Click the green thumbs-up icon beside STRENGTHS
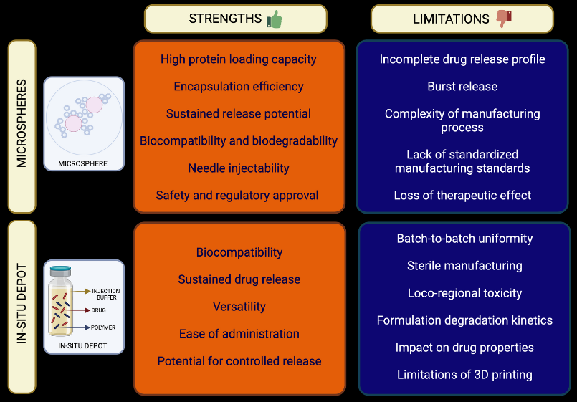[274, 19]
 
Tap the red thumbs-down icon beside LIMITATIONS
[505, 19]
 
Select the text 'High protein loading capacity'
[239, 59]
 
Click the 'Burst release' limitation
[462, 87]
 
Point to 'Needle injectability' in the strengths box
[239, 168]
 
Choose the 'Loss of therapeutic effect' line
[462, 196]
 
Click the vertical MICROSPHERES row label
[22, 127]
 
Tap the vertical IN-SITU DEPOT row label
[22, 307]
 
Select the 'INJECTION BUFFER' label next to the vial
[106, 295]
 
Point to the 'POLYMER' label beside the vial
[103, 327]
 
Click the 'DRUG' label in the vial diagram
[99, 311]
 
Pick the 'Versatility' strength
[239, 307]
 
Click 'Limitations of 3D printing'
[464, 375]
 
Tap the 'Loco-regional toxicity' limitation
[464, 293]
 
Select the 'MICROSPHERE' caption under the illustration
[83, 163]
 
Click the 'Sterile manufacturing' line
[464, 266]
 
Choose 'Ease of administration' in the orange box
[239, 334]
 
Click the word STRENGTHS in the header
[225, 19]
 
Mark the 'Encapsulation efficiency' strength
[239, 87]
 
